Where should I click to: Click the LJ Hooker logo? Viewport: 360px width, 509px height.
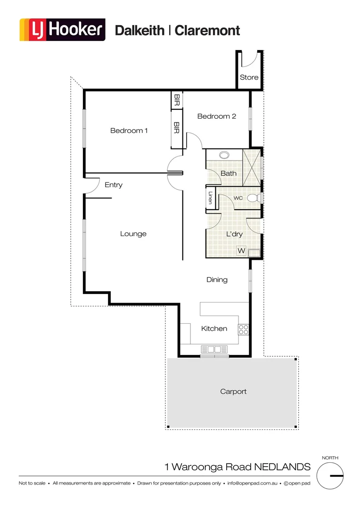[x=62, y=30]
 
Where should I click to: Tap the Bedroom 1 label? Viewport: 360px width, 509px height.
[x=129, y=131]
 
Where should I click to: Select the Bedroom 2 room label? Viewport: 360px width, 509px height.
[x=216, y=116]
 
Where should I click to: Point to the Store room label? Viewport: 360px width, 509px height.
[x=249, y=77]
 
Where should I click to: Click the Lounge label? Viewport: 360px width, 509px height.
[x=133, y=234]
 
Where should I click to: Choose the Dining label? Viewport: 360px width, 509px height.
[x=217, y=279]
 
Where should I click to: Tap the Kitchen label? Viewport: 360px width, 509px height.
[x=214, y=328]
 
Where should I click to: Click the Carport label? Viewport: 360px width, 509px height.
[x=233, y=391]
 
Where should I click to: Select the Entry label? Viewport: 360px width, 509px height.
[x=114, y=185]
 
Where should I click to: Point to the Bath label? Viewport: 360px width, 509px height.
[x=229, y=173]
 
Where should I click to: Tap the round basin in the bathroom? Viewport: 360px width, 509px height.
[x=224, y=154]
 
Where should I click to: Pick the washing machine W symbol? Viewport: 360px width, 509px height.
[x=241, y=251]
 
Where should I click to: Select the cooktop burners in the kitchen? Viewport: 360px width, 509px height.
[x=244, y=329]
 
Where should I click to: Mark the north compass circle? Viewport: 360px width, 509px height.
[x=330, y=476]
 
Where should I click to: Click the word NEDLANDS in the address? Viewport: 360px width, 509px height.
[x=282, y=467]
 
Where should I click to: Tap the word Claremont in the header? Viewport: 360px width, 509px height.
[x=207, y=31]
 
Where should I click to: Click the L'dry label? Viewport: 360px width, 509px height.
[x=234, y=234]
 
